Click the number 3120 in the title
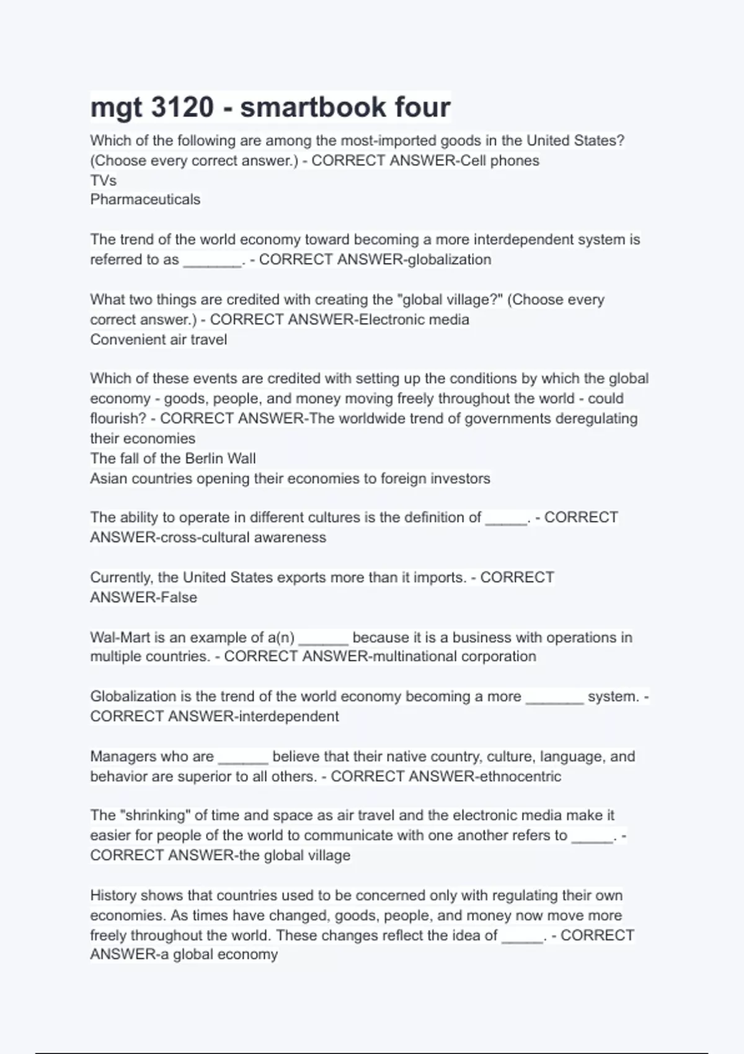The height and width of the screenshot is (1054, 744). [183, 107]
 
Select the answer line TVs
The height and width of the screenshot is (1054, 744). [104, 180]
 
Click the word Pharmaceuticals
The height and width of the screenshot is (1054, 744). [145, 200]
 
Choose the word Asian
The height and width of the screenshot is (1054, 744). [109, 479]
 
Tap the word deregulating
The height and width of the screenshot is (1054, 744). [596, 418]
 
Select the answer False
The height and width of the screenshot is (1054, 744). [179, 598]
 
